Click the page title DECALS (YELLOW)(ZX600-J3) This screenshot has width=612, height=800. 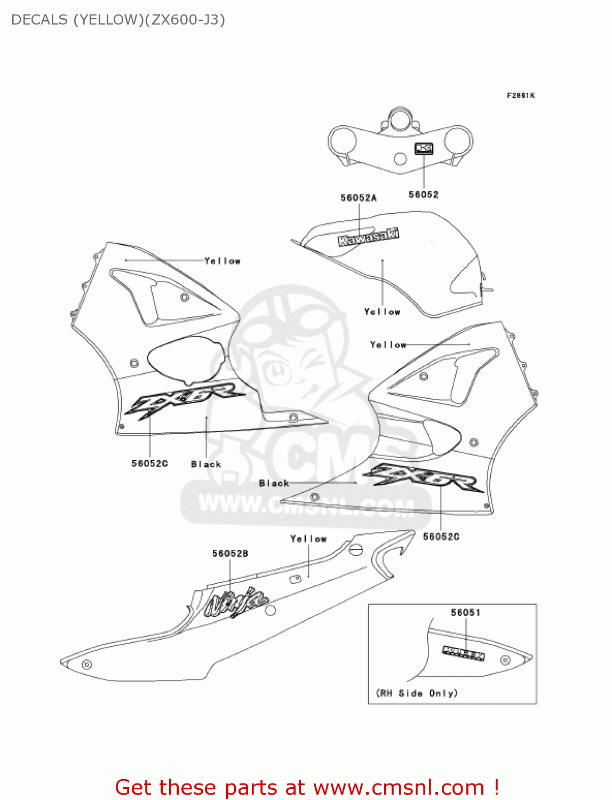coord(118,20)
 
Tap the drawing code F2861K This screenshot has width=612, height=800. coord(520,95)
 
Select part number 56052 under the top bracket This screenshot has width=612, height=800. coord(424,195)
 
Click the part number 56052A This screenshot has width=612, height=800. coord(359,198)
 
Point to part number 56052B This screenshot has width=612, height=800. coord(230,554)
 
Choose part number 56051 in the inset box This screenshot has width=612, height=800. coord(465,612)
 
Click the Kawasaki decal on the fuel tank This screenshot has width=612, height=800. coord(368,237)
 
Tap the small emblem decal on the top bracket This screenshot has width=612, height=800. coord(424,148)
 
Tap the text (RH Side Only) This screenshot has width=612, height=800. coord(417,693)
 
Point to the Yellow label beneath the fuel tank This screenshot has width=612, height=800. coord(382,312)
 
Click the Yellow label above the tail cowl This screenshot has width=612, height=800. coord(308,539)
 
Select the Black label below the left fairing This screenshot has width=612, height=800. coord(206,465)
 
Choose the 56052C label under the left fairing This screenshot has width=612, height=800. coord(149,463)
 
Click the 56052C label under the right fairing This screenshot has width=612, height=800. coord(441,537)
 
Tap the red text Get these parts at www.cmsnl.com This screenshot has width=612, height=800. coord(307,787)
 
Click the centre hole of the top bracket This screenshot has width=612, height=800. coord(400,159)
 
